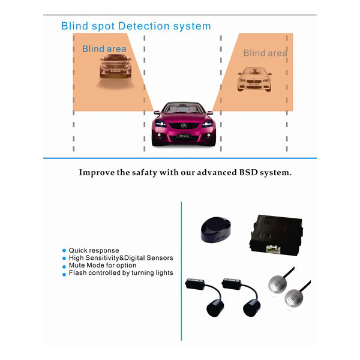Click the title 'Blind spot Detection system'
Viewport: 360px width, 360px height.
point(136,26)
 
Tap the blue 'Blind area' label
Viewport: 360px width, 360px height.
point(104,49)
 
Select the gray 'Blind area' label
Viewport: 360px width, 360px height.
point(265,53)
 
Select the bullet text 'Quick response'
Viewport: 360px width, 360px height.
point(94,250)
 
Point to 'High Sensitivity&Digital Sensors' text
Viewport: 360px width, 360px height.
point(121,258)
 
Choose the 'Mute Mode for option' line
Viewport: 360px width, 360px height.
point(102,265)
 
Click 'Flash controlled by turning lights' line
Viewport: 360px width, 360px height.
point(121,273)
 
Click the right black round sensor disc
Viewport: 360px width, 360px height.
point(252,308)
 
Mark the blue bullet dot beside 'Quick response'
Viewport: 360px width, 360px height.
point(64,251)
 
